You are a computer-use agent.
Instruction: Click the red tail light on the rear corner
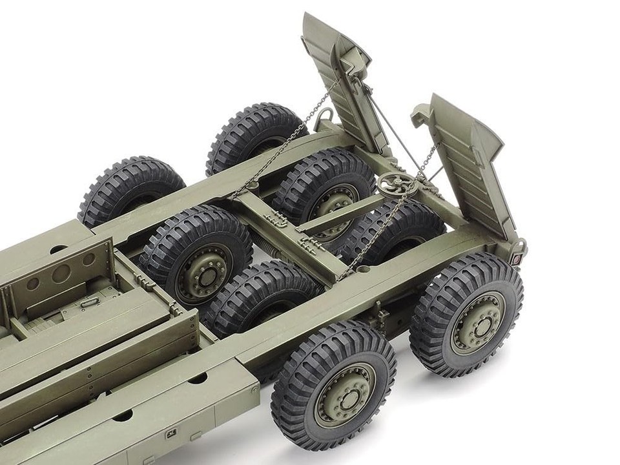click(x=516, y=258)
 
